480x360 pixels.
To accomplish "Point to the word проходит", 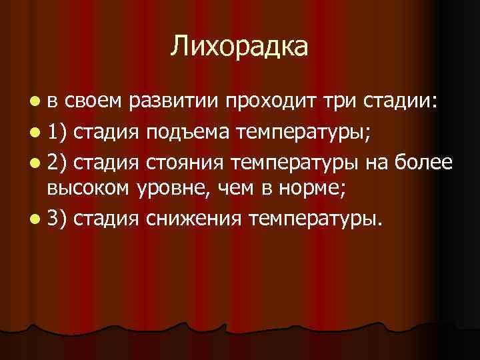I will pos(267,103).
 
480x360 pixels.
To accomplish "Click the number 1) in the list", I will pos(57,133).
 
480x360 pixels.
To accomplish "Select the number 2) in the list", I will pos(57,162).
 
